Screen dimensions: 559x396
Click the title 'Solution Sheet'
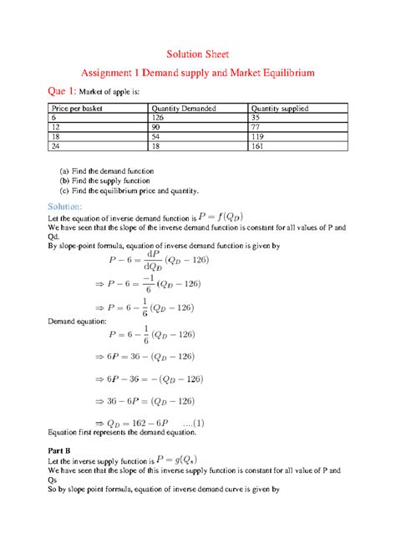[x=198, y=54]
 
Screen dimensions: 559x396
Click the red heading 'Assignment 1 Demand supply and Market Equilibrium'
[x=197, y=74]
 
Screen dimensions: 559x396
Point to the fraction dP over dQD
[x=153, y=260]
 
